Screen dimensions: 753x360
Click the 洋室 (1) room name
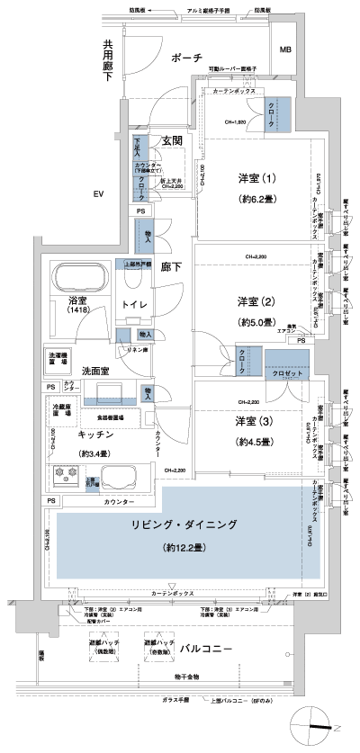click(255, 178)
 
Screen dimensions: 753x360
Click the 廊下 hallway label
click(171, 267)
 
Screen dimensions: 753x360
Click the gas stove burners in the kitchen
click(67, 476)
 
